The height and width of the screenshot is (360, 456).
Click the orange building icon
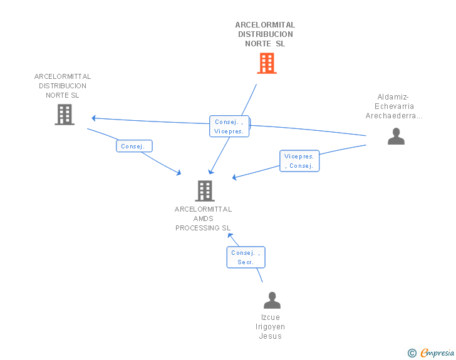coord(267,63)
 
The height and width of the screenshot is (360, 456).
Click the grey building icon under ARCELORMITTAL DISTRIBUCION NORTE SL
coord(65,115)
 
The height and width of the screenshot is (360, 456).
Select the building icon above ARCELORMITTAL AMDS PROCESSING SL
coord(205,191)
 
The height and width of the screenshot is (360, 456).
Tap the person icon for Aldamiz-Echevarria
coord(396,136)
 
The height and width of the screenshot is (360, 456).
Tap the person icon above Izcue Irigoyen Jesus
coord(272,300)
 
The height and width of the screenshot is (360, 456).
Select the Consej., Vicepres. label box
coord(229,126)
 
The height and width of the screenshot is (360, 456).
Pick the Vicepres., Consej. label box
coord(299,161)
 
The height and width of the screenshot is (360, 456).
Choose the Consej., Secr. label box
coord(246,257)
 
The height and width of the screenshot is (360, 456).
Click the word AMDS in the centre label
coord(204,219)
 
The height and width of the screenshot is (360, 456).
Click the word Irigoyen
coord(270,327)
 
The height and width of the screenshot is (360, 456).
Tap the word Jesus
coord(270,336)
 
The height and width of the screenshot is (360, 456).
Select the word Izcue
coord(271,317)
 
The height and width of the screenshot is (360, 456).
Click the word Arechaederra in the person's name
coord(391,116)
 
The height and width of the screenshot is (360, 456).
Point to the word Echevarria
coord(394,106)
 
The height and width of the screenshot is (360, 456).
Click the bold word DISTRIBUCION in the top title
coord(266,34)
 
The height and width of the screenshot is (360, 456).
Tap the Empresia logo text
coord(437,353)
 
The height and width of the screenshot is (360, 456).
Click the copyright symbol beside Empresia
coord(412,353)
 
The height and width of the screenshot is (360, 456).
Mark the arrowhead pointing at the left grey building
coord(94,118)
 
